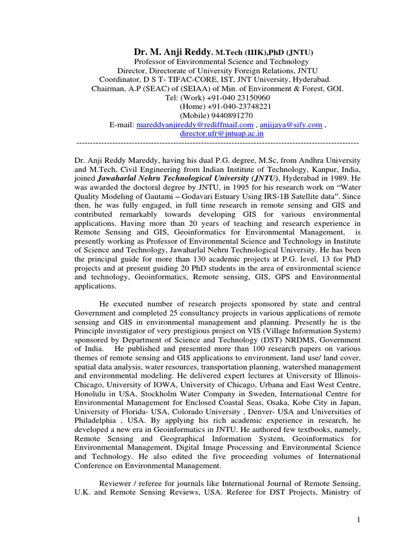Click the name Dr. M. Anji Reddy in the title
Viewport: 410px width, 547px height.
click(172, 52)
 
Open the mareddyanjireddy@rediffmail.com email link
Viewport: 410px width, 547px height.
click(195, 125)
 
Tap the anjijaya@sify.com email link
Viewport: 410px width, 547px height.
click(291, 125)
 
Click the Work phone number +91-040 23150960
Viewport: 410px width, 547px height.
click(236, 98)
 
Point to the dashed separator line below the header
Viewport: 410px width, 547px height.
click(218, 144)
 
